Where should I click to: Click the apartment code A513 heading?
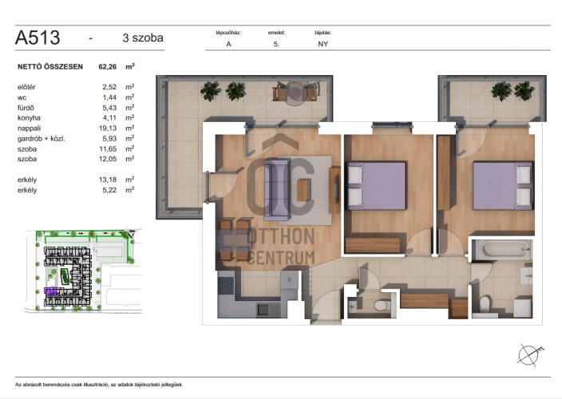point(38,38)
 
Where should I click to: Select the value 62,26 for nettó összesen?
point(108,66)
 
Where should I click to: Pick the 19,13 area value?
point(108,128)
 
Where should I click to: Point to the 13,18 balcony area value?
point(108,180)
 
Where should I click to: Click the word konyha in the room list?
point(29,118)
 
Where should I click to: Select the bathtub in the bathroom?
point(501,250)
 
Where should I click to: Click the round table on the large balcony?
point(295,93)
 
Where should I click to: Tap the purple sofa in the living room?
point(276,190)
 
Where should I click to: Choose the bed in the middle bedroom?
point(376,185)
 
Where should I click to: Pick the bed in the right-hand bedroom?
point(502,185)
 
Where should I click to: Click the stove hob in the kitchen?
point(226,286)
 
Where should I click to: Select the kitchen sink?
point(268,310)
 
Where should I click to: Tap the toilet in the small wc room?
point(382,306)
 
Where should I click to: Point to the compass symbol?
point(529,354)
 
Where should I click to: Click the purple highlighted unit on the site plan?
point(49,291)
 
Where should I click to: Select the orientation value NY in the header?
point(323,44)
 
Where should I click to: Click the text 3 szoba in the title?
point(143,38)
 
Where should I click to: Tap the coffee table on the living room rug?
point(303,190)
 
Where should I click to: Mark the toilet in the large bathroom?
point(485,304)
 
